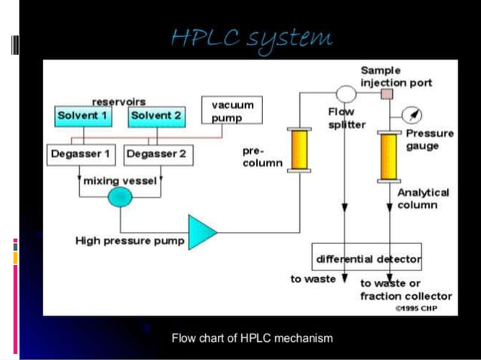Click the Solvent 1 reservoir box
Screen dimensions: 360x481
click(x=82, y=116)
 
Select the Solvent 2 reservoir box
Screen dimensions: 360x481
click(x=155, y=116)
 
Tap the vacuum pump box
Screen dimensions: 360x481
click(x=231, y=111)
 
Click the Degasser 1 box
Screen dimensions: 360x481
click(x=81, y=155)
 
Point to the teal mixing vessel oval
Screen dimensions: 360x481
click(x=120, y=197)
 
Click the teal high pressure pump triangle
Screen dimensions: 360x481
click(x=201, y=231)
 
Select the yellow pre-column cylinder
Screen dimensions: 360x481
click(x=299, y=150)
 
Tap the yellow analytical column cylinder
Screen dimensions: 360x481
click(x=389, y=156)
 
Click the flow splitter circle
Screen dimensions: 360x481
click(x=345, y=94)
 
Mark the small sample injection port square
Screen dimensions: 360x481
click(x=388, y=94)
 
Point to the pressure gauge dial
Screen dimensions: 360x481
click(x=412, y=115)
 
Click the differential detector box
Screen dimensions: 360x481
click(x=367, y=260)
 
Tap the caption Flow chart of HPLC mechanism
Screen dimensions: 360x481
click(x=252, y=338)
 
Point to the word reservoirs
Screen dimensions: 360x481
click(x=118, y=101)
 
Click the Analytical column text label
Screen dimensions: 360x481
click(x=422, y=198)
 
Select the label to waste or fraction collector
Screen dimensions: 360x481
click(x=406, y=289)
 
